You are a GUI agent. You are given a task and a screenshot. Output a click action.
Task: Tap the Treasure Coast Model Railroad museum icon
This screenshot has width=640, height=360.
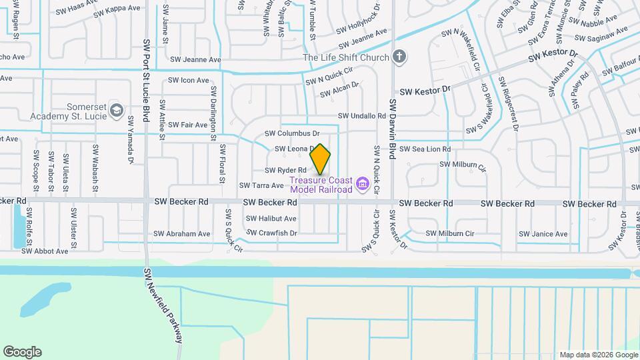362,183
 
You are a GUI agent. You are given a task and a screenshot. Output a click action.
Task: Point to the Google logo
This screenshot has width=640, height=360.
22,351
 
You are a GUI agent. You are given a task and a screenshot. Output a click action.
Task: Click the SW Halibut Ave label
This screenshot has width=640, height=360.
271,219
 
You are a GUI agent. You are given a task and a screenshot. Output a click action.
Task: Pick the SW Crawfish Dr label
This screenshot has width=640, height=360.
272,233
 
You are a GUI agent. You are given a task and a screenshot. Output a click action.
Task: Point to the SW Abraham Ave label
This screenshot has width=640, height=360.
181,234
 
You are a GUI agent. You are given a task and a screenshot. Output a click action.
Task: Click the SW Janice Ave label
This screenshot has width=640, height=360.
541,234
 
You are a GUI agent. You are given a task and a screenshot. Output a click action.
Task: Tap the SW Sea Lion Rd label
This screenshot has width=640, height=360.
425,149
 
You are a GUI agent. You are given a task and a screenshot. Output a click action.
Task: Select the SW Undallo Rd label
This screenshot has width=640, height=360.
362,116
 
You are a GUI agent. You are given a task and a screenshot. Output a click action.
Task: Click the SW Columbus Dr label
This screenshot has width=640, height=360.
293,134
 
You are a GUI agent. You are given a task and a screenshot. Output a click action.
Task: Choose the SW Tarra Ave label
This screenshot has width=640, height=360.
263,185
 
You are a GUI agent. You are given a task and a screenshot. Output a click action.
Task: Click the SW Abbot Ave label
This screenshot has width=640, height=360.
45,251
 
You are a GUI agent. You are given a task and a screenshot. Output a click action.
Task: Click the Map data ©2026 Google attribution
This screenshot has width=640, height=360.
597,355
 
